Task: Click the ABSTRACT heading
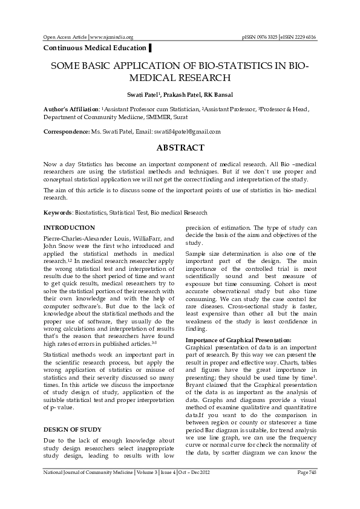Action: coord(180,148)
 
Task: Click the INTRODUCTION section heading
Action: coord(69,227)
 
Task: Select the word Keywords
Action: coord(58,213)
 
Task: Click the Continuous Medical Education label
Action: coord(94,48)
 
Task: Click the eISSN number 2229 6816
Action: coord(302,37)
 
